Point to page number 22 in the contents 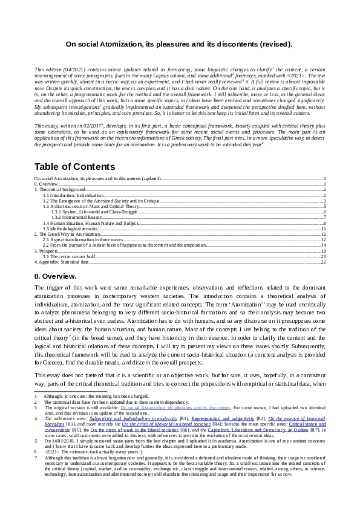(x=324, y=262)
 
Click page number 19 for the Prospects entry (x=324, y=251)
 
